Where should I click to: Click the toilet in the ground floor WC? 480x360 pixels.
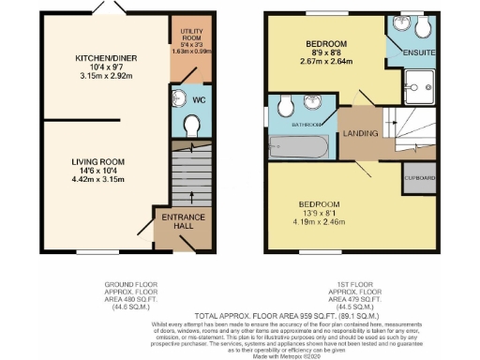pos(192,123)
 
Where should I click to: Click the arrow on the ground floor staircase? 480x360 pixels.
pos(191,195)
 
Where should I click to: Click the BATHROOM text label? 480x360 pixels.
pos(307,125)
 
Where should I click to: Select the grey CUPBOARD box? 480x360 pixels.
pos(416,178)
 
